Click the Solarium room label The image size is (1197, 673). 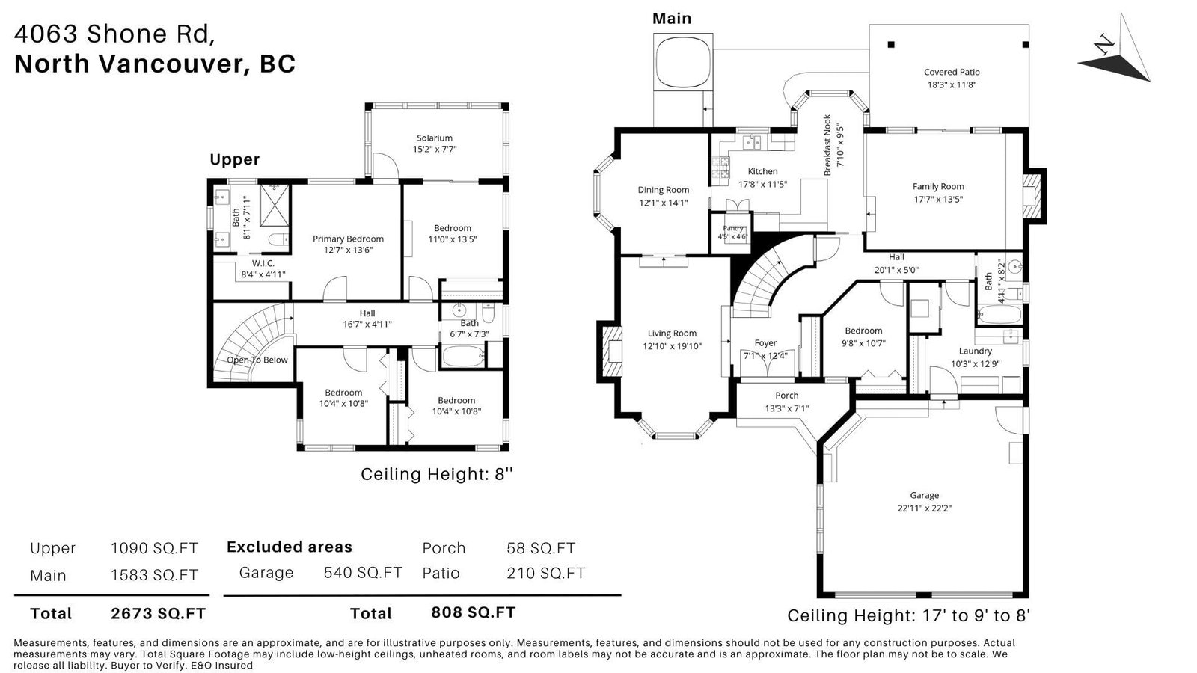[x=435, y=138]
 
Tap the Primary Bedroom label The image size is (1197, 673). [x=348, y=239]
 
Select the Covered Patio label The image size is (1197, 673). [x=952, y=72]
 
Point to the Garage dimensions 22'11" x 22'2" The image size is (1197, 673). [x=925, y=508]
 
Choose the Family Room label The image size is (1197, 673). [x=938, y=186]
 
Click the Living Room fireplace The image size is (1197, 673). [x=613, y=351]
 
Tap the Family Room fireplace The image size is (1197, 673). [x=1032, y=196]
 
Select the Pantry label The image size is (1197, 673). [x=732, y=228]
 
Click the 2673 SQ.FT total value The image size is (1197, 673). [x=158, y=614]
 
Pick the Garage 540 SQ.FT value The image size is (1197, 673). [x=363, y=573]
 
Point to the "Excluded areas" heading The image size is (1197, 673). [x=289, y=547]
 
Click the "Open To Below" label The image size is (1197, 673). [x=257, y=360]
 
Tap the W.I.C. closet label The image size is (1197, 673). [x=263, y=263]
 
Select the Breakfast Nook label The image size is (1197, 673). [x=827, y=145]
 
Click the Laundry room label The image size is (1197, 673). [x=976, y=351]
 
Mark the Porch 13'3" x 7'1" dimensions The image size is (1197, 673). [x=786, y=408]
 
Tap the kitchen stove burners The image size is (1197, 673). [x=720, y=168]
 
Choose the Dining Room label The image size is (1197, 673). [x=663, y=190]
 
